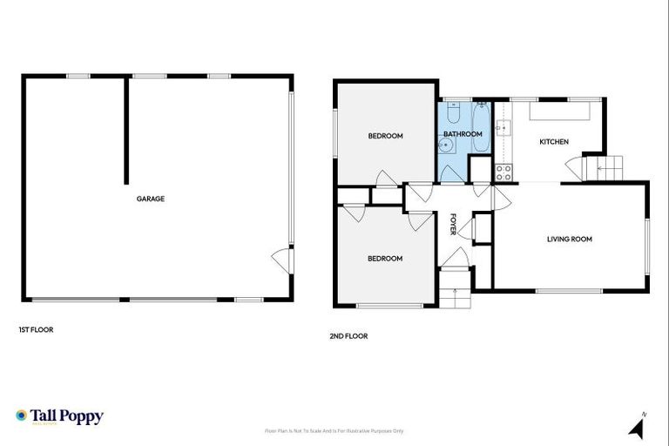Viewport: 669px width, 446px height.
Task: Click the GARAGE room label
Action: click(150, 199)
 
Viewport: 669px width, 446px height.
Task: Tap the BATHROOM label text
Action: click(463, 134)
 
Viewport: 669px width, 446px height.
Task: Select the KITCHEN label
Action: click(554, 141)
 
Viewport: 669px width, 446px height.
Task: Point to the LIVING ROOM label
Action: click(570, 239)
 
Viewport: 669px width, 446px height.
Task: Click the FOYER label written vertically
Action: click(453, 225)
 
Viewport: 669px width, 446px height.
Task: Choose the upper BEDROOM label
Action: click(385, 135)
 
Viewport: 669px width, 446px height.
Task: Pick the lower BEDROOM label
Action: click(385, 259)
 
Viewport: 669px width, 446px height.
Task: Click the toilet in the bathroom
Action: click(454, 112)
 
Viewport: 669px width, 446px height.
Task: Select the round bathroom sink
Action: click(447, 147)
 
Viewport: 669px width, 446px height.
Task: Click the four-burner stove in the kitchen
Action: click(503, 172)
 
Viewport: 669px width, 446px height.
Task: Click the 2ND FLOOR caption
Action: click(348, 335)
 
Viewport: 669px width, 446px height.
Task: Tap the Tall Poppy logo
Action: click(59, 416)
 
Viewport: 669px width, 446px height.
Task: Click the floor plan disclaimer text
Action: click(334, 430)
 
